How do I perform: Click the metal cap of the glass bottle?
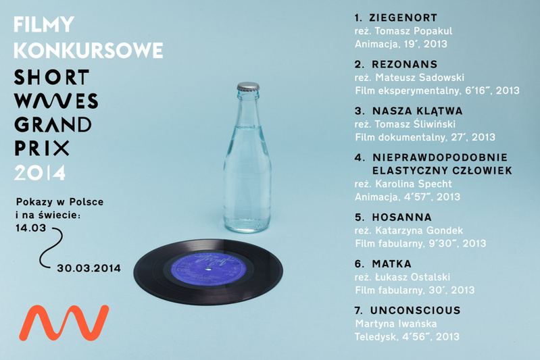(x=248, y=86)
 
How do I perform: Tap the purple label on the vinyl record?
(x=208, y=268)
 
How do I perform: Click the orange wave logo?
(x=64, y=322)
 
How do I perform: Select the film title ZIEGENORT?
(x=403, y=18)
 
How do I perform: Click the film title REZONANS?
(x=405, y=64)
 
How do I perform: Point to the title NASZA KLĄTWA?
(x=418, y=111)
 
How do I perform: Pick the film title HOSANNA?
(x=402, y=217)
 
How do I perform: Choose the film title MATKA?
(x=391, y=264)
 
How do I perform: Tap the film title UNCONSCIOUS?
(x=416, y=311)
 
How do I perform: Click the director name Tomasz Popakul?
(x=414, y=31)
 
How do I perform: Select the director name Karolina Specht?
(x=413, y=184)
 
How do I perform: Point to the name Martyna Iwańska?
(x=396, y=324)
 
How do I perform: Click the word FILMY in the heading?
(x=44, y=24)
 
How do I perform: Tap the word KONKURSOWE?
(x=88, y=50)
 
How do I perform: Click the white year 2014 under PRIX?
(x=40, y=173)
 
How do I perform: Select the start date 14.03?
(x=31, y=228)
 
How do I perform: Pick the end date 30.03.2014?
(x=89, y=268)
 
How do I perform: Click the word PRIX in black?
(x=42, y=148)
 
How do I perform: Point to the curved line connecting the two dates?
(x=52, y=247)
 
